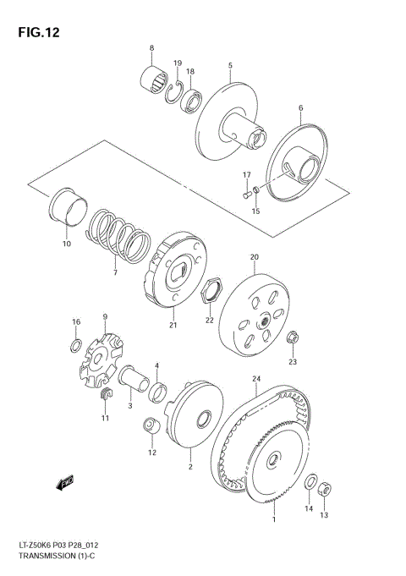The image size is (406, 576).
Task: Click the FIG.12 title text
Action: tap(35, 33)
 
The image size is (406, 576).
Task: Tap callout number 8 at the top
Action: tap(151, 47)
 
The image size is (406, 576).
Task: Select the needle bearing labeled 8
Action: tap(154, 82)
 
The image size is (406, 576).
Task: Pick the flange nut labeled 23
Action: tap(291, 337)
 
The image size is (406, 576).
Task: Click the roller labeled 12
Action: tap(149, 427)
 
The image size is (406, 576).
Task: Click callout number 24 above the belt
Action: tap(255, 378)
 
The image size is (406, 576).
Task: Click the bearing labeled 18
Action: tap(191, 100)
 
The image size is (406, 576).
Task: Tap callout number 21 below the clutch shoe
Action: tap(173, 324)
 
